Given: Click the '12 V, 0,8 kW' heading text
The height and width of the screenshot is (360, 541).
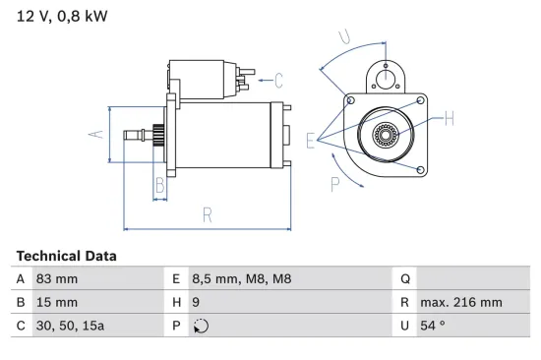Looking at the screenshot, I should point(62,16).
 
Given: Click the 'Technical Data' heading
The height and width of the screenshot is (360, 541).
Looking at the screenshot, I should point(66,256).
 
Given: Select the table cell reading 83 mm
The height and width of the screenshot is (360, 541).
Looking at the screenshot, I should point(56,279).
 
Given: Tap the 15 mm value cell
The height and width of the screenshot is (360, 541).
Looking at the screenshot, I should point(56,303).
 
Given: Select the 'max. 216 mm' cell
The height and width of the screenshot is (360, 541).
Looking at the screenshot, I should point(461,303).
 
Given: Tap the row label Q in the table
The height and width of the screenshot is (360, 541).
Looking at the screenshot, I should point(403,279).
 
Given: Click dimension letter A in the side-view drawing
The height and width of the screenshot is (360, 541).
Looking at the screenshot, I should point(95,135).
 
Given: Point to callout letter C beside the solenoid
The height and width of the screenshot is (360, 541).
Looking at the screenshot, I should point(278,80).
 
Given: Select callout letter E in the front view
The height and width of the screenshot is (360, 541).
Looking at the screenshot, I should point(312,141).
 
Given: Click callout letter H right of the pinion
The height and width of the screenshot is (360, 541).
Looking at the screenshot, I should point(450,120).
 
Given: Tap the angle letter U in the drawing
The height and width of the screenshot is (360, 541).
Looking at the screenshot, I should point(344,36).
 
